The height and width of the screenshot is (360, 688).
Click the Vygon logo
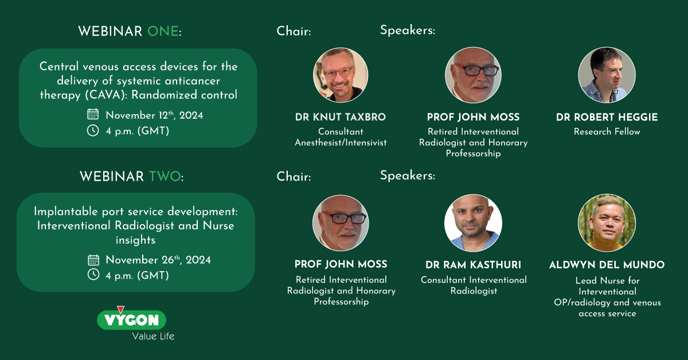[131, 319]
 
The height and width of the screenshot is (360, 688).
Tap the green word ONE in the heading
[163, 32]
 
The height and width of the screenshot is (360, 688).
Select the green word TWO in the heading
[165, 177]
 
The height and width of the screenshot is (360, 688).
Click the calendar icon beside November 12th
[93, 114]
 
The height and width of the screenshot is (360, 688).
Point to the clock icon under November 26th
[93, 275]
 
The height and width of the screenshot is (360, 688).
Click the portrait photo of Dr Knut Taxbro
[341, 75]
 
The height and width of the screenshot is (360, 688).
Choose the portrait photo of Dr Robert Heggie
[607, 75]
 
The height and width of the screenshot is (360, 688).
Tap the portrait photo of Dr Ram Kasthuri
[474, 223]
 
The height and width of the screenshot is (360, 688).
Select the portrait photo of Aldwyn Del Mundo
[607, 223]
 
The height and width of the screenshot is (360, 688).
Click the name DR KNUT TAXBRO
[341, 117]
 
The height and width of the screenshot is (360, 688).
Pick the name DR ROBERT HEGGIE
[607, 117]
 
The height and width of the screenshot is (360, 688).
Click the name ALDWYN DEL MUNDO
[607, 265]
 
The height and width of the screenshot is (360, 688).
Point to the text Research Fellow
[607, 131]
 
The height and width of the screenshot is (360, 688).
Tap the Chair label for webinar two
[294, 177]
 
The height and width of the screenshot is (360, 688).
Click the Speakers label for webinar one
[408, 30]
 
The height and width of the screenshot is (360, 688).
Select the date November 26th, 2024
[158, 260]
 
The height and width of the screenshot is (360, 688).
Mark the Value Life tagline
[153, 336]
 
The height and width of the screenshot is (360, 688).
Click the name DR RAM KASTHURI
[474, 265]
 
